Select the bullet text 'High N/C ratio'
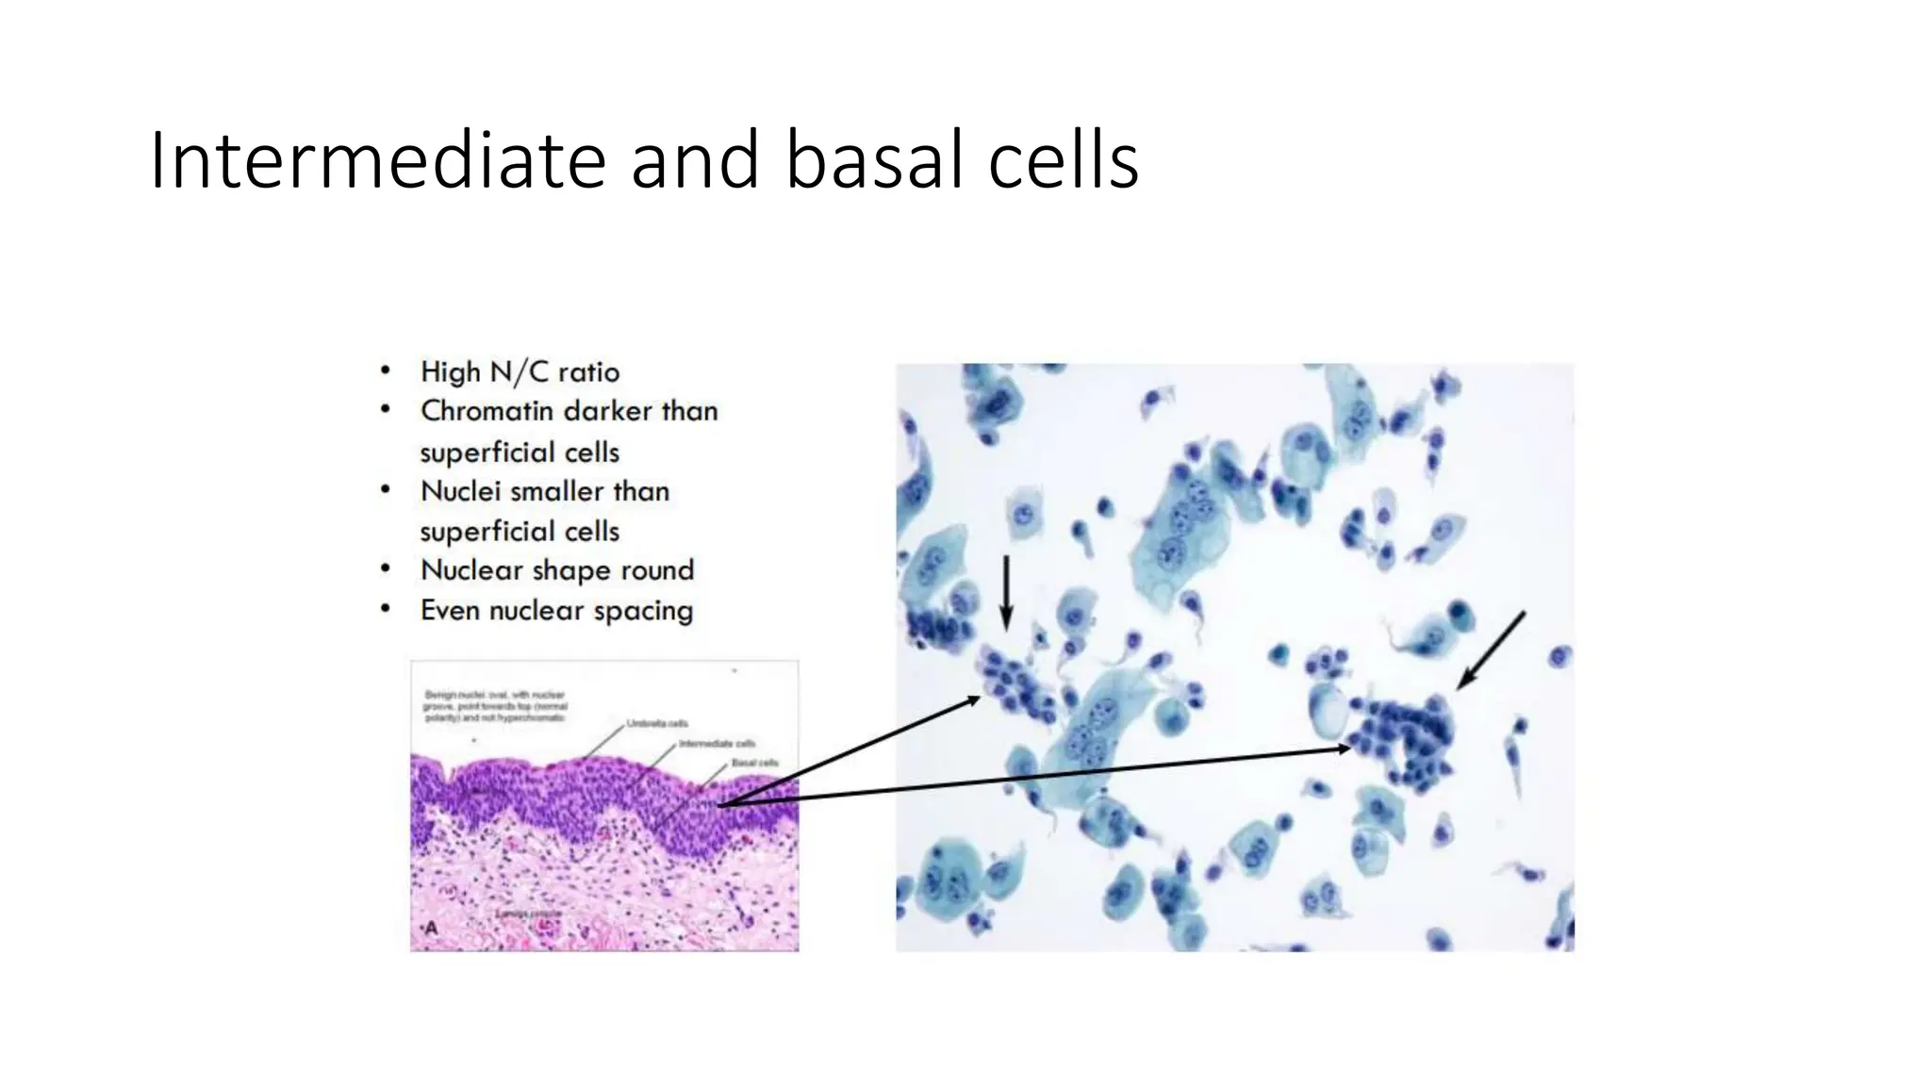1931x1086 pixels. click(520, 371)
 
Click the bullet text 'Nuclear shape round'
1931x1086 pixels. click(556, 570)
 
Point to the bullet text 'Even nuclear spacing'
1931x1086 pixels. click(556, 611)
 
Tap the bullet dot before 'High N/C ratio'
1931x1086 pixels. click(385, 370)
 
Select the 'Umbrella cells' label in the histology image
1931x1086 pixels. click(657, 723)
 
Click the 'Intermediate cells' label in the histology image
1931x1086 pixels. click(717, 744)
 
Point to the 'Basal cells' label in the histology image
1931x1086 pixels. click(754, 762)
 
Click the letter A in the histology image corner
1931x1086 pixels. click(432, 928)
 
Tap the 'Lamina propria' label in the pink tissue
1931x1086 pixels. click(529, 913)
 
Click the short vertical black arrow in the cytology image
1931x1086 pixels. click(1006, 592)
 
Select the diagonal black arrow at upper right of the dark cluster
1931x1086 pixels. click(1491, 650)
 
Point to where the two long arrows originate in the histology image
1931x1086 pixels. click(721, 804)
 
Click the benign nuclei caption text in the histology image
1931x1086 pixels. click(496, 706)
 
